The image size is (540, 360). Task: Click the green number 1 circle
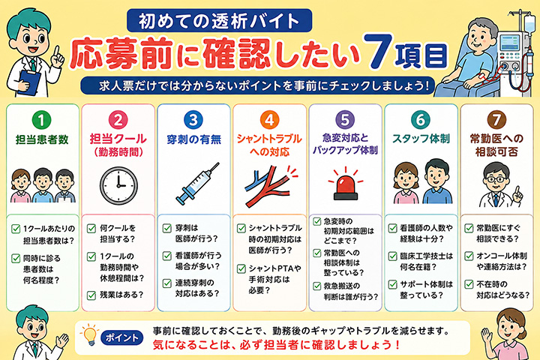[42, 120]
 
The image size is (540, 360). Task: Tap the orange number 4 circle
[269, 120]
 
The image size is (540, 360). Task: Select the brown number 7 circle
[496, 120]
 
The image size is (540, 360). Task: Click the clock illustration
[118, 185]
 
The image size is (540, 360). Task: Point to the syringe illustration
[196, 184]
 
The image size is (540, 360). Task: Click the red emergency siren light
[346, 184]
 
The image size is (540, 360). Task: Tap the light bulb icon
[89, 334]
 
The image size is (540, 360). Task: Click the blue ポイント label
[121, 337]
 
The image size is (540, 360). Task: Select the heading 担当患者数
[42, 139]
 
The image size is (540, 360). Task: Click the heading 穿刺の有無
[193, 139]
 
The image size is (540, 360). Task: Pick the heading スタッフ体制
[421, 139]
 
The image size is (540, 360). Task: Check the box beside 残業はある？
[91, 295]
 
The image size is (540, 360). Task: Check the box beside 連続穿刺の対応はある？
[167, 283]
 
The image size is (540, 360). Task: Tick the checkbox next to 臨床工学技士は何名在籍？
[392, 256]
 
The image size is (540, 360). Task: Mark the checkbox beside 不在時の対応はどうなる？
[469, 284]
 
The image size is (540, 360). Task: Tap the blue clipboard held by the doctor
[29, 82]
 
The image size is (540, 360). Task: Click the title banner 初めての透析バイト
[219, 21]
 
